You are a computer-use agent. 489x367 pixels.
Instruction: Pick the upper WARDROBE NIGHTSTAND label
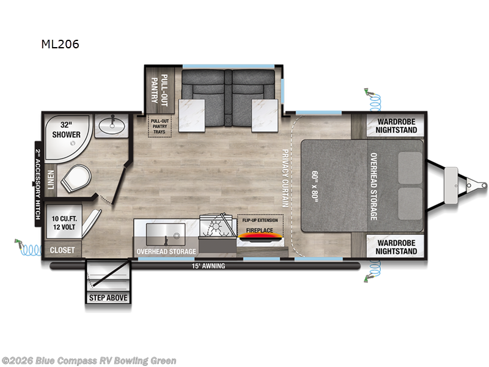(x=393, y=125)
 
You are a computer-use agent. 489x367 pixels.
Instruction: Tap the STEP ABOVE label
(x=109, y=298)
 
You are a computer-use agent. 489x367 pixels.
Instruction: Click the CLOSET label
(x=62, y=250)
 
